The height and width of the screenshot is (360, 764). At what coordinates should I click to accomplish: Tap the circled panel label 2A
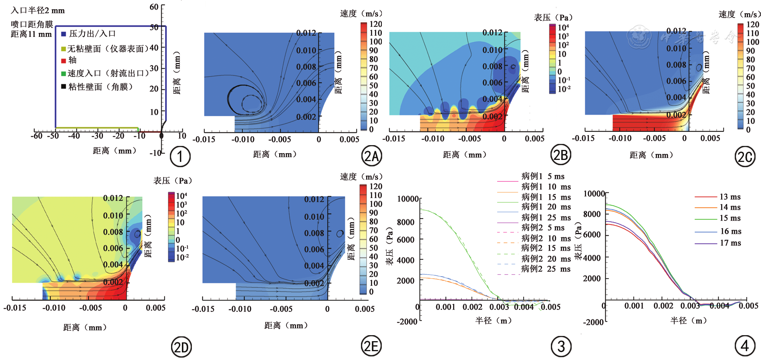pyautogui.click(x=371, y=156)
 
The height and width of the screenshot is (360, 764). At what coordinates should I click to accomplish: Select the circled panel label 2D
pyautogui.click(x=181, y=347)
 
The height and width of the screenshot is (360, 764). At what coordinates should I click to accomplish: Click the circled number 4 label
pyautogui.click(x=745, y=346)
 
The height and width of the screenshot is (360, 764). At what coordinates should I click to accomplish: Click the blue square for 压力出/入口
pyautogui.click(x=63, y=34)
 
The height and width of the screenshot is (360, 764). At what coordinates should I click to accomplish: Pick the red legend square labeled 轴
pyautogui.click(x=63, y=61)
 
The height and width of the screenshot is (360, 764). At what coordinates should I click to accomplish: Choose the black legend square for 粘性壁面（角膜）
pyautogui.click(x=63, y=87)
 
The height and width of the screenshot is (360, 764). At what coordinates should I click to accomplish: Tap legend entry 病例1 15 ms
pyautogui.click(x=546, y=197)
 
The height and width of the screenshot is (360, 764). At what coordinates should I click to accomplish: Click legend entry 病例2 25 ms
pyautogui.click(x=546, y=269)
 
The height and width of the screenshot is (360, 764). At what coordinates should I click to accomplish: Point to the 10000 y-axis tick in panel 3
pyautogui.click(x=408, y=199)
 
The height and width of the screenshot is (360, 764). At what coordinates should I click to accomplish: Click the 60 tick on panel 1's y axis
pyautogui.click(x=154, y=7)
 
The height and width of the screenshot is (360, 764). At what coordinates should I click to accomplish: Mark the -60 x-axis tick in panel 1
pyautogui.click(x=36, y=136)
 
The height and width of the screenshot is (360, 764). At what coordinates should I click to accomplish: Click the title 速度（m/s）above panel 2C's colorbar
pyautogui.click(x=739, y=14)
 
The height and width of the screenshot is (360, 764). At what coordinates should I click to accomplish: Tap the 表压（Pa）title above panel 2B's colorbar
pyautogui.click(x=553, y=18)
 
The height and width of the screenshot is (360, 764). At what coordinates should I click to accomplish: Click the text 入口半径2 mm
pyautogui.click(x=37, y=10)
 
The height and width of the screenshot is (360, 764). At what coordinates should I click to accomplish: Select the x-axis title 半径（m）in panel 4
pyautogui.click(x=689, y=320)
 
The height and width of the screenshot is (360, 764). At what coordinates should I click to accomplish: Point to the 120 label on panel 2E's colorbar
pyautogui.click(x=376, y=186)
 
